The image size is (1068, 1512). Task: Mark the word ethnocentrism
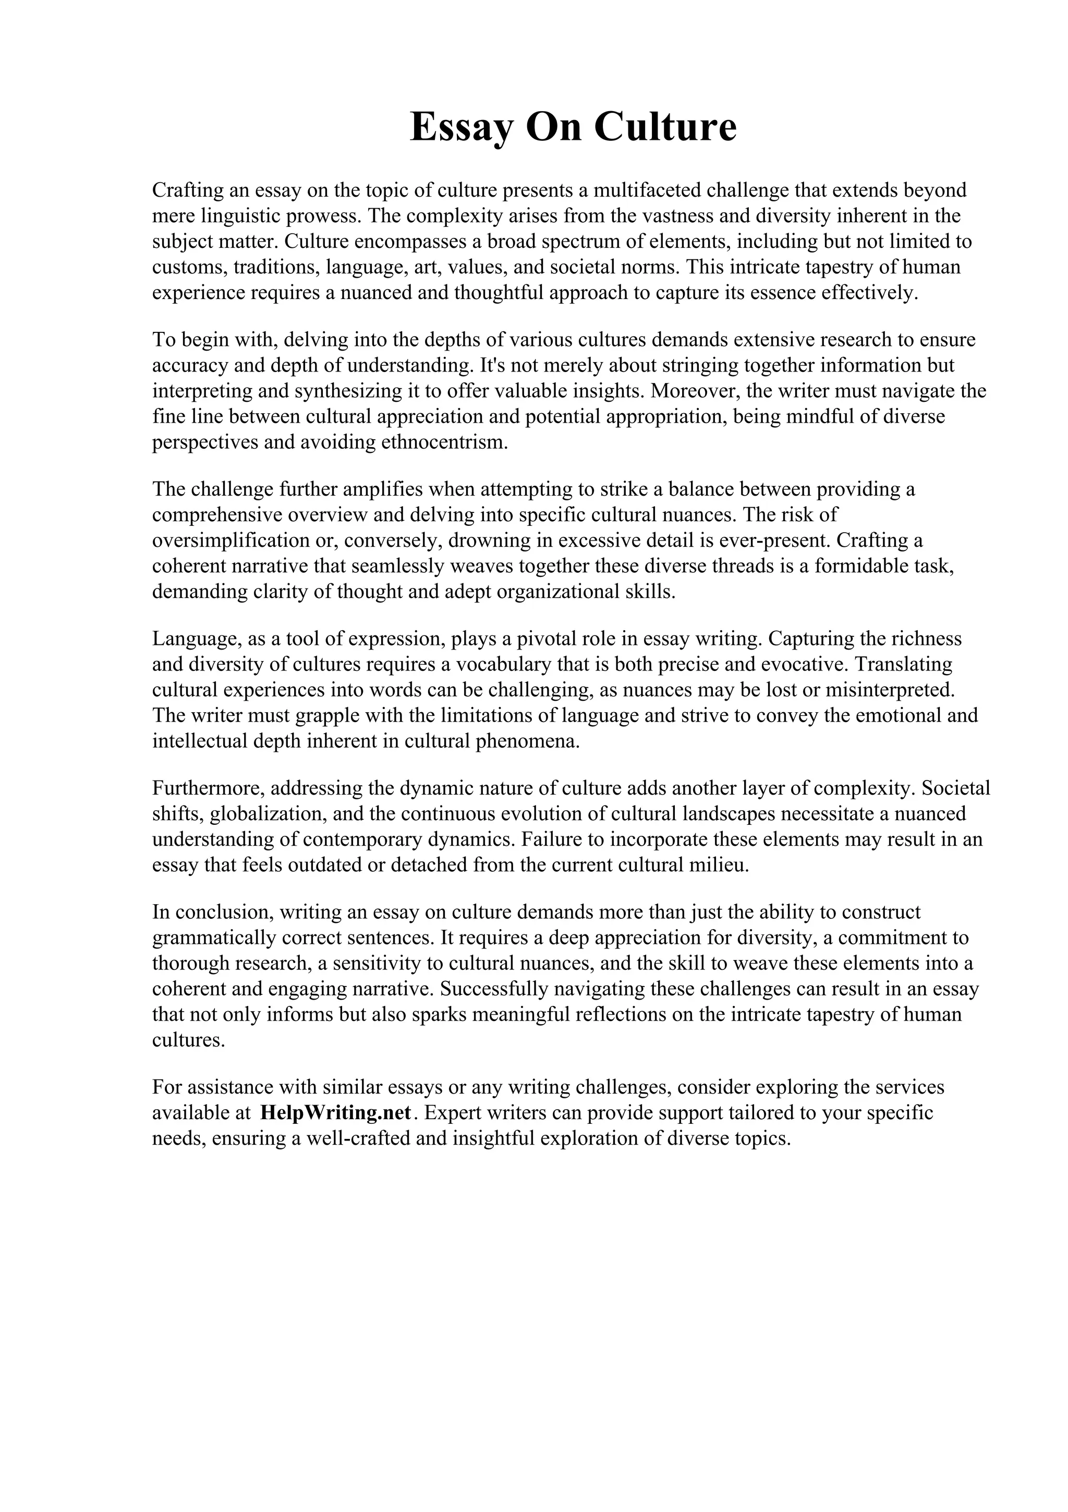[x=445, y=442]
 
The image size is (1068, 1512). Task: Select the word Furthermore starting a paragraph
[x=209, y=788]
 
